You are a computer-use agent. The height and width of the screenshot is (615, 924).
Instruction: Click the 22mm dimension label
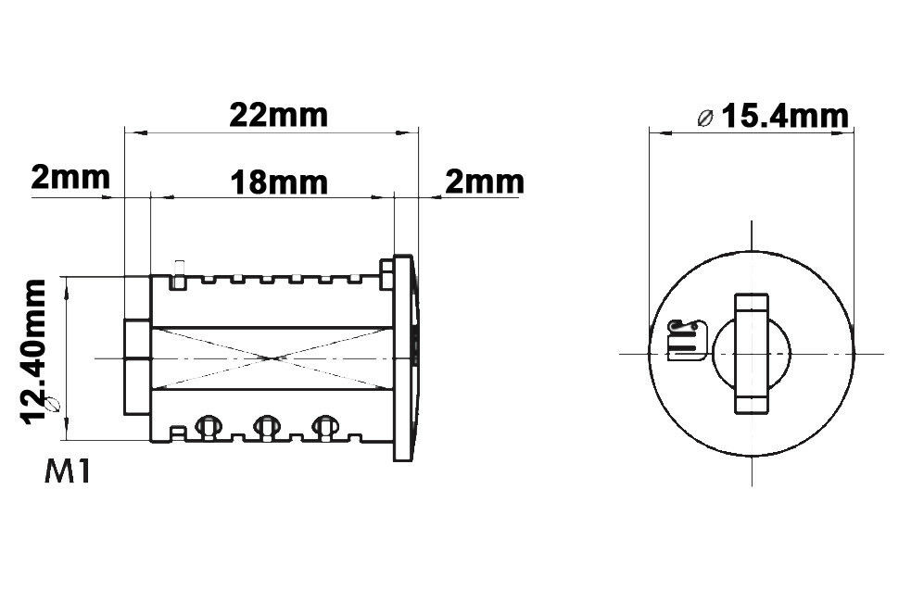pos(278,115)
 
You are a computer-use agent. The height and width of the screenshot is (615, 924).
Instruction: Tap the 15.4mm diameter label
pos(784,116)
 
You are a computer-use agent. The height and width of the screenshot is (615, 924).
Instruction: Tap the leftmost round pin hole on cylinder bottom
pos(209,425)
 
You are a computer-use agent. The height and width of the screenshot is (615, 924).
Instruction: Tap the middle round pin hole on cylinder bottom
pos(267,425)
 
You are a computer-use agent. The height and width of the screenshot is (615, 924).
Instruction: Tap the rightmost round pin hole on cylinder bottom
pos(323,425)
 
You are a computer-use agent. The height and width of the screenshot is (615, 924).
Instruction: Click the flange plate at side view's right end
pos(404,358)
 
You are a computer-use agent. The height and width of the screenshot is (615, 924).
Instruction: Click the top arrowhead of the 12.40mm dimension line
pos(66,286)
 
